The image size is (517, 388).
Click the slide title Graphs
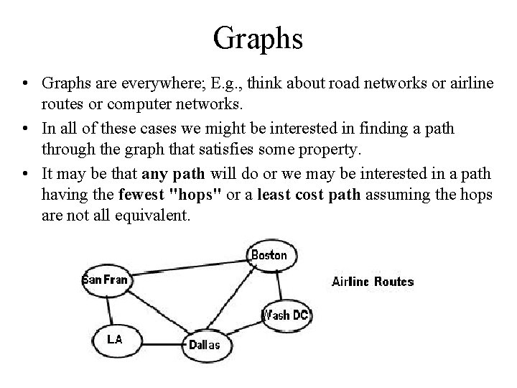click(258, 37)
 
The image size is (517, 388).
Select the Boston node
click(269, 255)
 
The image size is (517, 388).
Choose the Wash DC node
click(286, 315)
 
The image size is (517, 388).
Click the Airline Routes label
click(373, 282)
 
